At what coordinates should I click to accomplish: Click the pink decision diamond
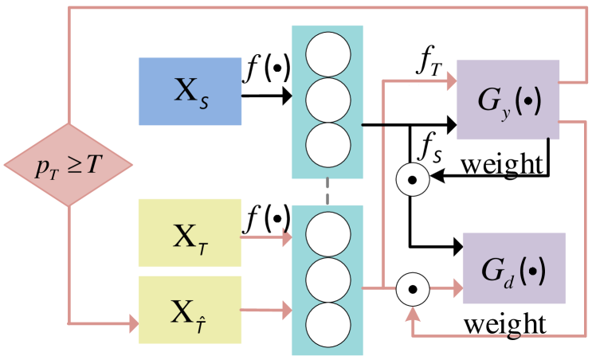coord(69,165)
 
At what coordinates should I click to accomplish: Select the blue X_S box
coord(190,92)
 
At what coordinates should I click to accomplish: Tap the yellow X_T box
coord(190,233)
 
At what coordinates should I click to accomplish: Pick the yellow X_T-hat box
coord(190,310)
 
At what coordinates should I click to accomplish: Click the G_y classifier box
coord(508,100)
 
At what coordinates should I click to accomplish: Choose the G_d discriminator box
coord(513,268)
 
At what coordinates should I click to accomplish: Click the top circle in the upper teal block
coord(327,54)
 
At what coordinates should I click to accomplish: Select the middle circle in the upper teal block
coord(327,100)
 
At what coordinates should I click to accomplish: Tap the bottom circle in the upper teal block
coord(327,144)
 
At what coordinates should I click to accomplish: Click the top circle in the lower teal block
coord(327,234)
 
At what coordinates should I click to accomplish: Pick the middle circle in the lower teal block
coord(327,280)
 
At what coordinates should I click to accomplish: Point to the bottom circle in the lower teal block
coord(327,324)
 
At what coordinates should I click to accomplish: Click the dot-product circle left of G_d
coord(413,288)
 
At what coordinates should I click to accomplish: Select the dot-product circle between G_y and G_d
coord(413,181)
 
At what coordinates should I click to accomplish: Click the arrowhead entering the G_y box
coord(451,80)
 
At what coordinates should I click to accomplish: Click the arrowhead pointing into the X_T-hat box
coord(133,323)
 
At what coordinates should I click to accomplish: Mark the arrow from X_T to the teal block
coord(266,237)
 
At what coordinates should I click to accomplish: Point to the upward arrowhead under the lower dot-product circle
coord(413,314)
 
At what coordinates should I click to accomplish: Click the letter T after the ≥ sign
coord(94,166)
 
